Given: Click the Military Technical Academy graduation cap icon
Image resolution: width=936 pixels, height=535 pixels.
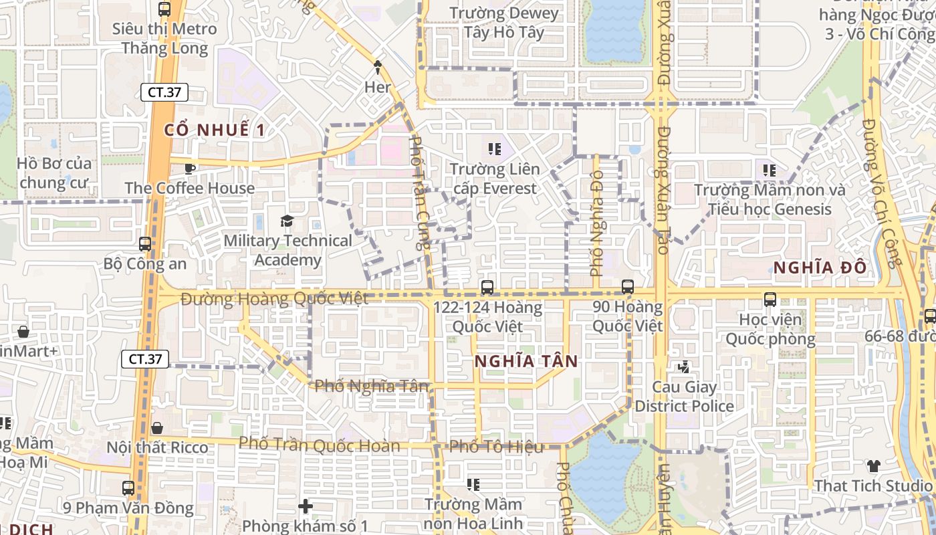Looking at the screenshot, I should [x=287, y=221].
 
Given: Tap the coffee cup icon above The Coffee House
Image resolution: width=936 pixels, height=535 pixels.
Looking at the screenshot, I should [x=190, y=169].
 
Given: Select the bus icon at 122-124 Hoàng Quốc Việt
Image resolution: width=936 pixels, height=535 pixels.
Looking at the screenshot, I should [x=487, y=288].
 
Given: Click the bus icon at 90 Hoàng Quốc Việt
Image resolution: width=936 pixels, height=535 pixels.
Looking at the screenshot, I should [x=628, y=287].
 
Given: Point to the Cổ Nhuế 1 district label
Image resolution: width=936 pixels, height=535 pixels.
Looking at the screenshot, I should [x=215, y=130].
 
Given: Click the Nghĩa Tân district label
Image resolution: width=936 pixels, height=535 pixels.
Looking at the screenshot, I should [x=526, y=361].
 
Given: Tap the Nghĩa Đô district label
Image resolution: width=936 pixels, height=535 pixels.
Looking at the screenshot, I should [x=820, y=267].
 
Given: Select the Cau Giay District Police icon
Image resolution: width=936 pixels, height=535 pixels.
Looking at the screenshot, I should [x=683, y=367].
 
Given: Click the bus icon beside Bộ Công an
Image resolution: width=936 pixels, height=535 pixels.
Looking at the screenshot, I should [x=145, y=244].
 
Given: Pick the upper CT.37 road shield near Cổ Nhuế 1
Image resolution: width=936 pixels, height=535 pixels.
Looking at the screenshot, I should [x=164, y=92].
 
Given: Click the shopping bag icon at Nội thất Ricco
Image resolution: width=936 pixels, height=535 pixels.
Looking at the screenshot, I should [x=157, y=428].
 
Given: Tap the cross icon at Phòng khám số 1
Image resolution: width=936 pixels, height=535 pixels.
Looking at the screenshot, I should [x=306, y=506].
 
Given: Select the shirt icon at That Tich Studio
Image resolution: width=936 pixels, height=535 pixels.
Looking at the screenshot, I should [x=873, y=466].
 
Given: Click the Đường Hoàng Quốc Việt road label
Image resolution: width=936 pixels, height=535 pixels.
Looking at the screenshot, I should [x=274, y=298].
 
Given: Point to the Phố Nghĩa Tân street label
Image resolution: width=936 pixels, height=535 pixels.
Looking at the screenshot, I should [x=371, y=386].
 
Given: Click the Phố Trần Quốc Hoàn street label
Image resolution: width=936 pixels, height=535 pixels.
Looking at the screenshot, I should [x=320, y=445].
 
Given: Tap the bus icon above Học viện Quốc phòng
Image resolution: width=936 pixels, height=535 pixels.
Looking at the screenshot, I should [x=770, y=300].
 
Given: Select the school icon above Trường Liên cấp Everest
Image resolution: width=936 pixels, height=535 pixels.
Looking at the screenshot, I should [x=494, y=148].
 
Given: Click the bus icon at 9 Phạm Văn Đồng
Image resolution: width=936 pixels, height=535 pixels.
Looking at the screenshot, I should [x=128, y=488].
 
